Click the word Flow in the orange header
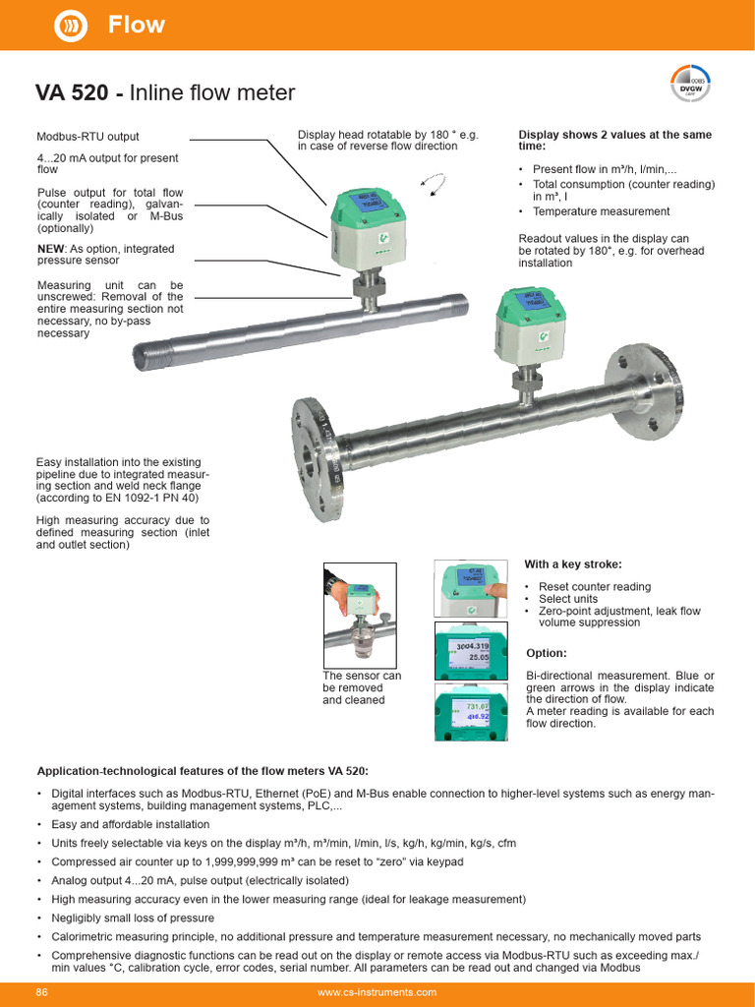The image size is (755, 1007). (136, 25)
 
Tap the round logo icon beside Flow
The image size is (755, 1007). (70, 26)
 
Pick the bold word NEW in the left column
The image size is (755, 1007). (52, 249)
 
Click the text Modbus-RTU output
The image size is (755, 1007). (87, 137)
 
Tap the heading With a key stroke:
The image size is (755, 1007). (573, 564)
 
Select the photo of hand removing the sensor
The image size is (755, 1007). (360, 615)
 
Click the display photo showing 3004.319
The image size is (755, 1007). (471, 650)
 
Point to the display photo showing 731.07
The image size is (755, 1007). (471, 712)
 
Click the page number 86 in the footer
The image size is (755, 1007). (42, 992)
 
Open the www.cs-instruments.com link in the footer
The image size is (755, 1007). (377, 992)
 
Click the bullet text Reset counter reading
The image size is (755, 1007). (595, 587)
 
